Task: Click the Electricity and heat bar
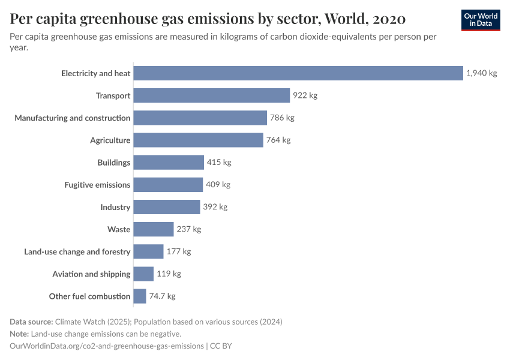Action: coord(298,73)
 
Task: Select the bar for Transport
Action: coord(211,95)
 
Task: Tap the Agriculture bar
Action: coord(198,140)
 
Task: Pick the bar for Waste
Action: coord(153,229)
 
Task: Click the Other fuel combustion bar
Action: coord(139,296)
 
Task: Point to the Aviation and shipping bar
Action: coord(143,274)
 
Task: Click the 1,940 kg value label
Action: coord(481,73)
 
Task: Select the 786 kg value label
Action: coord(282,118)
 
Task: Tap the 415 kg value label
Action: coord(219,163)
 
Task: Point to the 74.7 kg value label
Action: coord(162,296)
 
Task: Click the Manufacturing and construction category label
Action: coord(72,118)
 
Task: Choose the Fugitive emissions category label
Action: coord(97,185)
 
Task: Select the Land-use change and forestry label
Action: coord(77,251)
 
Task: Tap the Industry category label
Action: coord(115,207)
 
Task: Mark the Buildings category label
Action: coord(113,163)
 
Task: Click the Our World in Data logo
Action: coord(480,20)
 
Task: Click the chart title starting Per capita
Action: coord(208,19)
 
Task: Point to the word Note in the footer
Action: coord(19,334)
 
